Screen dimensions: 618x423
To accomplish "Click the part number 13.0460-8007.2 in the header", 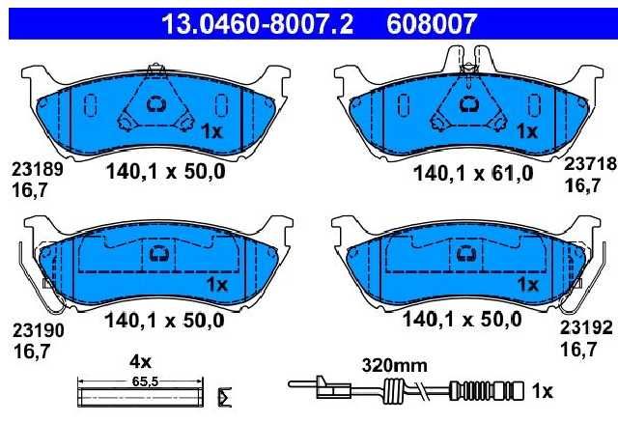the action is coord(258,23).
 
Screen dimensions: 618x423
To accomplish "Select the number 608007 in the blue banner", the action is coord(432,23).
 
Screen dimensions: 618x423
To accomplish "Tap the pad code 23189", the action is coord(38,170).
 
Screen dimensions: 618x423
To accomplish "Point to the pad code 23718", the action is coord(590,163).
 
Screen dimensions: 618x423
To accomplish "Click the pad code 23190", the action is coord(39,330).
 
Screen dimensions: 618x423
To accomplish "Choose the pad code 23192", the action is coord(586,327).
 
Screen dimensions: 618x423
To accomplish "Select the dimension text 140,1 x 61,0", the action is coord(473,174).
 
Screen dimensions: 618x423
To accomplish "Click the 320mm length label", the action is coord(395,366).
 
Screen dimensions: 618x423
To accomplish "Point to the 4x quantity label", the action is coord(140,361).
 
